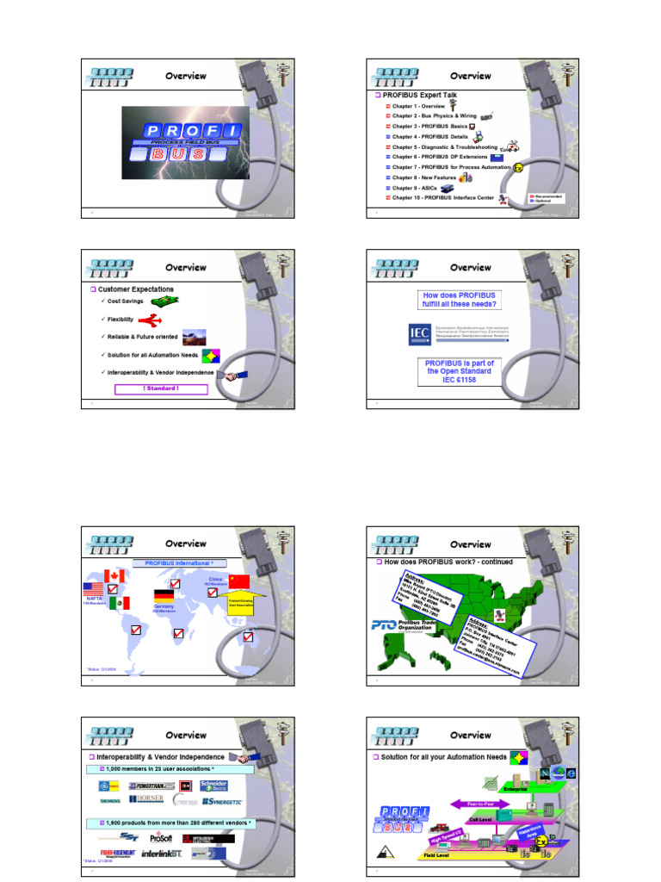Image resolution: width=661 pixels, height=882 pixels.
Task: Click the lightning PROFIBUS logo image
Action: (185, 143)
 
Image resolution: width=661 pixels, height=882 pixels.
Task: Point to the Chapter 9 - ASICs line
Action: (414, 188)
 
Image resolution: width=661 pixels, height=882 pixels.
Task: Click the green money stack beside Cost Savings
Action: (164, 301)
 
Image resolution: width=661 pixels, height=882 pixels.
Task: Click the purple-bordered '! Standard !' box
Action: (162, 388)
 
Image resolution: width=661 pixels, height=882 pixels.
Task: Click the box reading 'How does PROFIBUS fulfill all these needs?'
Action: (460, 300)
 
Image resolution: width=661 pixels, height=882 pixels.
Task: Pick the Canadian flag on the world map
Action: (114, 576)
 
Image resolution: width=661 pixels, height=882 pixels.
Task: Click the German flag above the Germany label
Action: (164, 595)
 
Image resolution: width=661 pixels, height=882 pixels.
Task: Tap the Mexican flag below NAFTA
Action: (120, 603)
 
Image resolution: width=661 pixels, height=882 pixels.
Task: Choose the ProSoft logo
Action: (161, 837)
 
